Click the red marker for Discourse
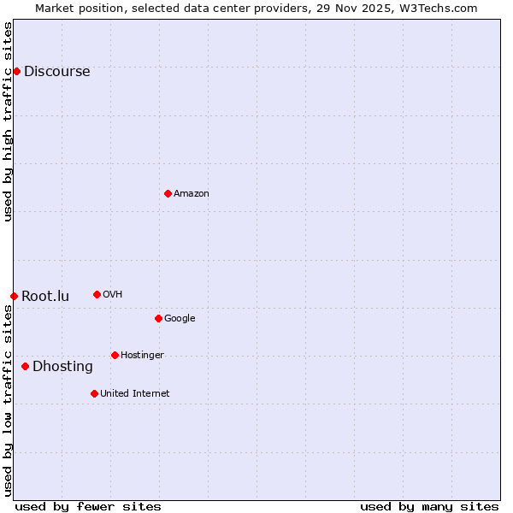click(x=16, y=71)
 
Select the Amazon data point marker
click(x=168, y=193)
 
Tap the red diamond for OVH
click(x=97, y=294)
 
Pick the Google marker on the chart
click(x=158, y=318)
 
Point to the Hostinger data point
click(x=115, y=355)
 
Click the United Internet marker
click(x=94, y=393)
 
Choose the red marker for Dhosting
click(x=25, y=366)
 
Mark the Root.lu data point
click(x=14, y=296)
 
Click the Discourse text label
click(x=56, y=72)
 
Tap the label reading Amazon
click(x=192, y=194)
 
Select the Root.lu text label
click(x=45, y=297)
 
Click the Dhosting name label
click(x=62, y=367)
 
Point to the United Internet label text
click(x=135, y=394)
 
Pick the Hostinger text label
click(x=142, y=356)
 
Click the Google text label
click(x=180, y=319)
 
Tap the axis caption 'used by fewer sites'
click(x=88, y=506)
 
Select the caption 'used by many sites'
click(x=429, y=506)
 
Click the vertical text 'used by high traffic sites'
click(x=9, y=121)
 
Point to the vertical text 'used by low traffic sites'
click(x=9, y=400)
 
